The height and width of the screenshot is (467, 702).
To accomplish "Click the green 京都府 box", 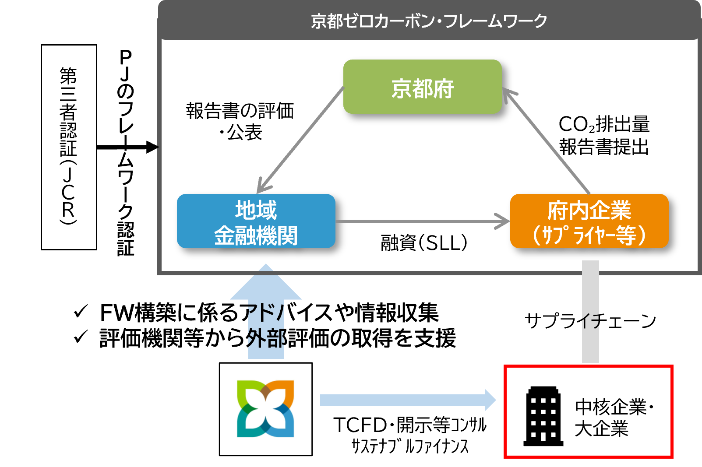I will [x=422, y=87].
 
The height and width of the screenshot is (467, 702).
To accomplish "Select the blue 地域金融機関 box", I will [x=256, y=221].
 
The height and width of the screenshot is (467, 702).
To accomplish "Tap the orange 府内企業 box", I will [x=589, y=221].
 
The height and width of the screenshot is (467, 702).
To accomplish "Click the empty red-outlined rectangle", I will [x=588, y=411].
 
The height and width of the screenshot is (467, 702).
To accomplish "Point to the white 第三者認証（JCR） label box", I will [x=69, y=147].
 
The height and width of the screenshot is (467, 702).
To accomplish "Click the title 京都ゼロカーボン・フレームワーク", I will [x=429, y=21].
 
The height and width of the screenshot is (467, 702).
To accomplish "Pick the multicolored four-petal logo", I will [x=265, y=408].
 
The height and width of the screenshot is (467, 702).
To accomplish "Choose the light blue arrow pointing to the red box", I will [x=407, y=400].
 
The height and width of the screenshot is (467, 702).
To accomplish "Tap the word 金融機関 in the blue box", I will [x=256, y=235].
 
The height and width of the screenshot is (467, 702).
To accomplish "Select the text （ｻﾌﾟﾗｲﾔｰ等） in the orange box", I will [x=589, y=235].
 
